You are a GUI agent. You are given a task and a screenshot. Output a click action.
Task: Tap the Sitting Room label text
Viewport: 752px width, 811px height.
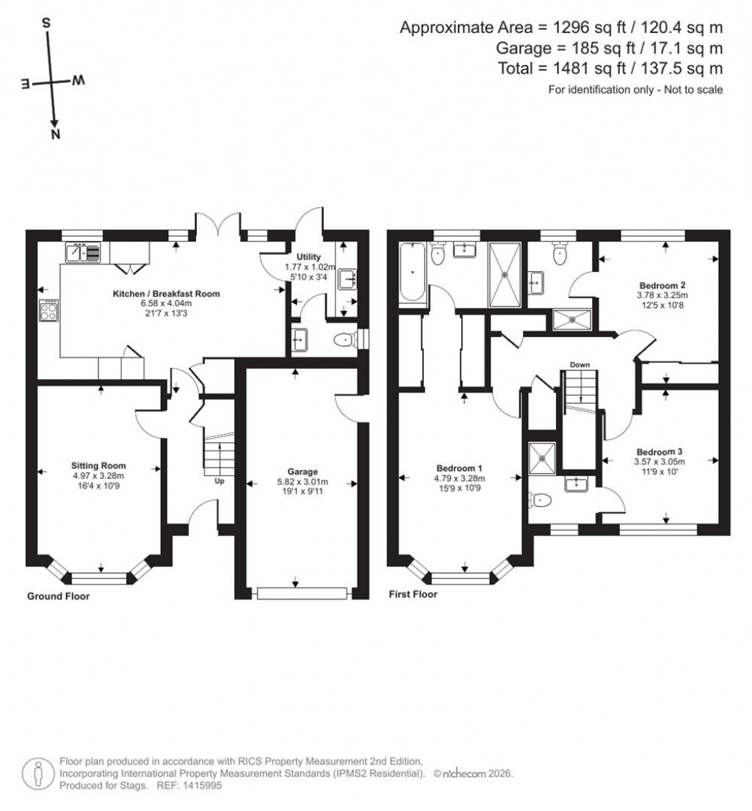[x=98, y=465]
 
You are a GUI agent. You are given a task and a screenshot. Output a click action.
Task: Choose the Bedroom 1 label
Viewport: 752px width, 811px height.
[x=459, y=467]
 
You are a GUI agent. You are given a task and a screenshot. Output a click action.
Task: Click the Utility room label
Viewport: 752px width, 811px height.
[x=308, y=256]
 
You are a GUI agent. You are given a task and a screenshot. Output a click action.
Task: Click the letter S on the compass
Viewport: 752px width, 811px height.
[x=46, y=23]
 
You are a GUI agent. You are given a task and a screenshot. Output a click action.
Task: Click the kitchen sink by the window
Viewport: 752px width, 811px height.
[x=77, y=253]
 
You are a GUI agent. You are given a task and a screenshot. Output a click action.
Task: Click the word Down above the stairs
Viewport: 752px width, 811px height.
[x=579, y=364]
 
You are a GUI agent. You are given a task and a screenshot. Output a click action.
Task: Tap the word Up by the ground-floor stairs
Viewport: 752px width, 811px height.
[x=219, y=482]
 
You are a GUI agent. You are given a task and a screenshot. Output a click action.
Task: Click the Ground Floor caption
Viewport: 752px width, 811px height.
[x=58, y=596]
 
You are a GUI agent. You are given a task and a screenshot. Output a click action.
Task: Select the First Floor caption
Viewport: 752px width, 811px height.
[x=413, y=594]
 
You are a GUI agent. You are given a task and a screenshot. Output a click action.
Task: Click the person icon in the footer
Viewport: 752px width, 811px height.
[x=37, y=773]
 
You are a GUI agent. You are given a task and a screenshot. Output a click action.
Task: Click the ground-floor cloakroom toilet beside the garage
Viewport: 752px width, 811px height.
[x=343, y=340]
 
